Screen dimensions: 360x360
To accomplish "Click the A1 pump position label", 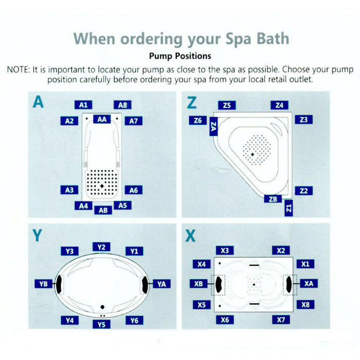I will point(83,105).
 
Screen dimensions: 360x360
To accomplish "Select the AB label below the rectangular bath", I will point(103,210).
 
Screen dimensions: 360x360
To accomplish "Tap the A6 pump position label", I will point(133,190).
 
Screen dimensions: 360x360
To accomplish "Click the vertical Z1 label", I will point(289,208).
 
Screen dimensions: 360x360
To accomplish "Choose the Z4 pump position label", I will point(279,105).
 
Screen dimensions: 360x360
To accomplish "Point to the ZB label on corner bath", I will point(273,199).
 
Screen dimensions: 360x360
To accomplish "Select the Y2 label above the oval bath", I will point(101,247).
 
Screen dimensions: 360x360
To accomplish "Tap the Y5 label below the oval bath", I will point(101,324).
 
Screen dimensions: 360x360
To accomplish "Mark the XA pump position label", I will point(308,283).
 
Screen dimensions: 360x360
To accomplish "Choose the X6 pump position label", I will point(224,320).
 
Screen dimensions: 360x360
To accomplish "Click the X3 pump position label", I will point(224,250).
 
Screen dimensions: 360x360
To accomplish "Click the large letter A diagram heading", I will point(38,102).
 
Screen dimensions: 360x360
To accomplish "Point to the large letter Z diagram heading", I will point(191,103).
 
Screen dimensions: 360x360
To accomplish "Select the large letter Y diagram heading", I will point(38,236).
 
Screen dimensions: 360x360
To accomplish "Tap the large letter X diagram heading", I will point(191,236).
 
